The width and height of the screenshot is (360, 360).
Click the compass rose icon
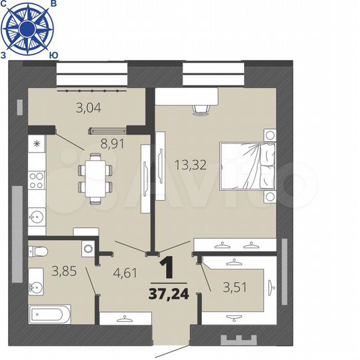point(27,27)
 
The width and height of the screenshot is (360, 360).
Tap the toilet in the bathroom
point(40,252)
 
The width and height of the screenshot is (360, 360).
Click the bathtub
point(49,313)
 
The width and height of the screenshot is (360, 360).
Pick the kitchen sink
point(36,216)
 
